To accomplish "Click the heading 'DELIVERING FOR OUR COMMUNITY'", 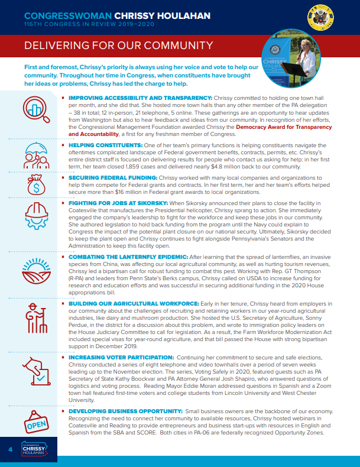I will coord(116,46).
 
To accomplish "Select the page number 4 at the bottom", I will coord(10,450).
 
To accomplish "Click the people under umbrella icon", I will coord(35,155).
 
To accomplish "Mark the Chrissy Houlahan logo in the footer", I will coord(37,450).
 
